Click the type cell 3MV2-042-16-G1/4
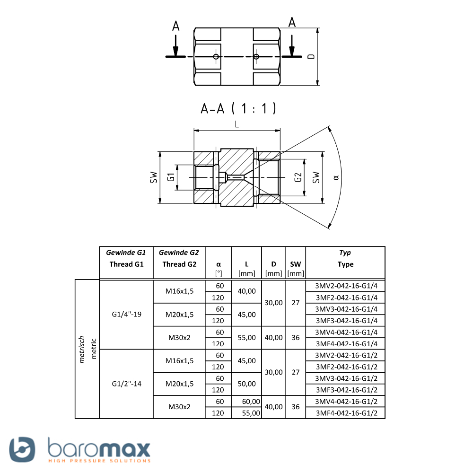pyautogui.click(x=346, y=286)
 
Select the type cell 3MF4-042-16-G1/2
pyautogui.click(x=346, y=413)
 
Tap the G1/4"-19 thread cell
pyautogui.click(x=126, y=315)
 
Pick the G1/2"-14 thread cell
pyautogui.click(x=126, y=384)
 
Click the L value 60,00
pyautogui.click(x=251, y=402)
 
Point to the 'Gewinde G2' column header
pyautogui.click(x=179, y=253)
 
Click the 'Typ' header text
pyautogui.click(x=345, y=253)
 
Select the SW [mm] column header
pyautogui.click(x=295, y=269)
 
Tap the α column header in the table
pyautogui.click(x=219, y=269)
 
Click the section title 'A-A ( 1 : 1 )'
pyautogui.click(x=238, y=108)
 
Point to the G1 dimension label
pyautogui.click(x=171, y=177)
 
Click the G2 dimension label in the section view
pyautogui.click(x=298, y=177)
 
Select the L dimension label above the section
pyautogui.click(x=237, y=124)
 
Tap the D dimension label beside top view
pyautogui.click(x=311, y=56)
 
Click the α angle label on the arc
pyautogui.click(x=336, y=177)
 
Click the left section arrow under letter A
pyautogui.click(x=175, y=45)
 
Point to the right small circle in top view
pyautogui.click(x=256, y=56)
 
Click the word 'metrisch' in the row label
pyautogui.click(x=81, y=350)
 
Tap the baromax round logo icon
pyautogui.click(x=22, y=449)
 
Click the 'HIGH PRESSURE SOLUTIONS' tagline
pyautogui.click(x=99, y=461)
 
